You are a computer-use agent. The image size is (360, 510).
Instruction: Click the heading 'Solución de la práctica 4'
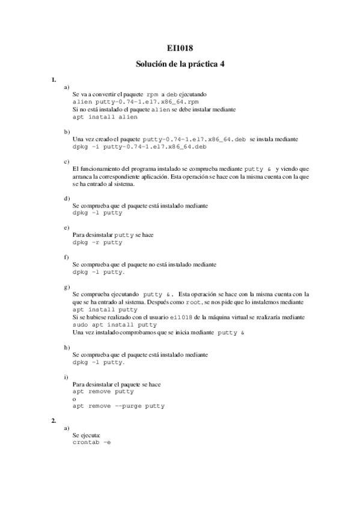(180, 64)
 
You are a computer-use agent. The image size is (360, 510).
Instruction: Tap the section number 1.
(53, 79)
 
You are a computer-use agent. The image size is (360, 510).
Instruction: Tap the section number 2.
(53, 420)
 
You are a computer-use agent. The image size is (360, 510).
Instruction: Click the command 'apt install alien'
(100, 117)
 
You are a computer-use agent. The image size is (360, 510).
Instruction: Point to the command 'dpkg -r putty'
(97, 242)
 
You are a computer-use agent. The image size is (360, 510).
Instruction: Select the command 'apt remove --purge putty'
(118, 406)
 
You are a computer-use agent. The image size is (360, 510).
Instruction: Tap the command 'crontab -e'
(91, 442)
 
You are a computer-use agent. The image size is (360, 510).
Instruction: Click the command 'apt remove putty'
(103, 391)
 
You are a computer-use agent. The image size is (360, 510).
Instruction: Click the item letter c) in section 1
(66, 161)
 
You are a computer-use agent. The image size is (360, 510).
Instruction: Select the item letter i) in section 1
(66, 376)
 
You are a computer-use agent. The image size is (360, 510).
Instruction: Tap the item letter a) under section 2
(66, 427)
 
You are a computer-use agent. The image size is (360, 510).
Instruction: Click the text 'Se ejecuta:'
(87, 434)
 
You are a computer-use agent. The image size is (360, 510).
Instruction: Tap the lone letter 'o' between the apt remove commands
(74, 399)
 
